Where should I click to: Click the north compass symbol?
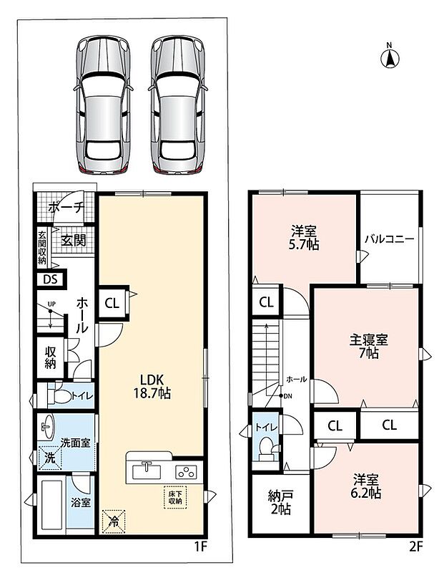point(390,57)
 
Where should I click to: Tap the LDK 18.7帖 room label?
point(152,386)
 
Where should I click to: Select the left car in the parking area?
point(104,104)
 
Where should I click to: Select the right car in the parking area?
point(178,104)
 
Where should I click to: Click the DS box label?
point(50,279)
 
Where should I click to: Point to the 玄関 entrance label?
point(73,241)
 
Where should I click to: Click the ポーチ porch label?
point(66,208)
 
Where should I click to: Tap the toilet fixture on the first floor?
point(59,395)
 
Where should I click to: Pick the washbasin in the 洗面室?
point(47,427)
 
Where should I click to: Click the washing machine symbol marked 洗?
point(50,458)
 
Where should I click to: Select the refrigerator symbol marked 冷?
point(114,521)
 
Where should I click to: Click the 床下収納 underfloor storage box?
point(175,497)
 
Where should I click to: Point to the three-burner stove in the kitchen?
point(187,472)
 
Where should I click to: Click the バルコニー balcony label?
point(390,239)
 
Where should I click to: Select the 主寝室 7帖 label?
point(368,347)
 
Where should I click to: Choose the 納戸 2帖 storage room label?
point(280,502)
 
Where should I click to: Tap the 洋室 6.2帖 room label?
point(365,486)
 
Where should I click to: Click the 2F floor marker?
point(415,546)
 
